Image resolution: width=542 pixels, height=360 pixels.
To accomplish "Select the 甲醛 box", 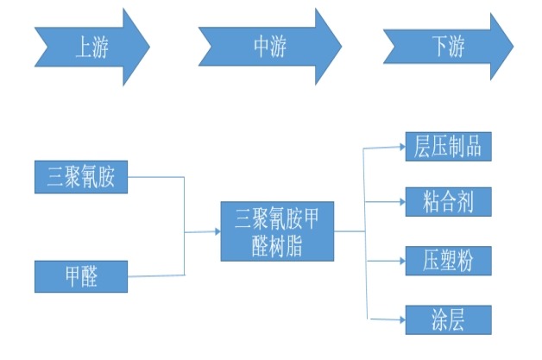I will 81,277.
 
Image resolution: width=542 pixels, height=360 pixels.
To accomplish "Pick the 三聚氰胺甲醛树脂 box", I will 277,231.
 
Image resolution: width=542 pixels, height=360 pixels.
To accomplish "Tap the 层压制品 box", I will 448,147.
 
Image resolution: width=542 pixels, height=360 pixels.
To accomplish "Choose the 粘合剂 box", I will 448,203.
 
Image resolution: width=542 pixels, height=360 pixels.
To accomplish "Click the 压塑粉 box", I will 448,260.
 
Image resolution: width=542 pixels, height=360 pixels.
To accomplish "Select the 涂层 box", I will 448,319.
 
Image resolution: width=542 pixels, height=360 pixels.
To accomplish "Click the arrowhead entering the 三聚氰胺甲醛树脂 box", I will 216,231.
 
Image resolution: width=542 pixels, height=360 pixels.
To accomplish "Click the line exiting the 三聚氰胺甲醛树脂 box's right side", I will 349,231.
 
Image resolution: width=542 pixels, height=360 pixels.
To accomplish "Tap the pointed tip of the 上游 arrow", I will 149,47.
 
